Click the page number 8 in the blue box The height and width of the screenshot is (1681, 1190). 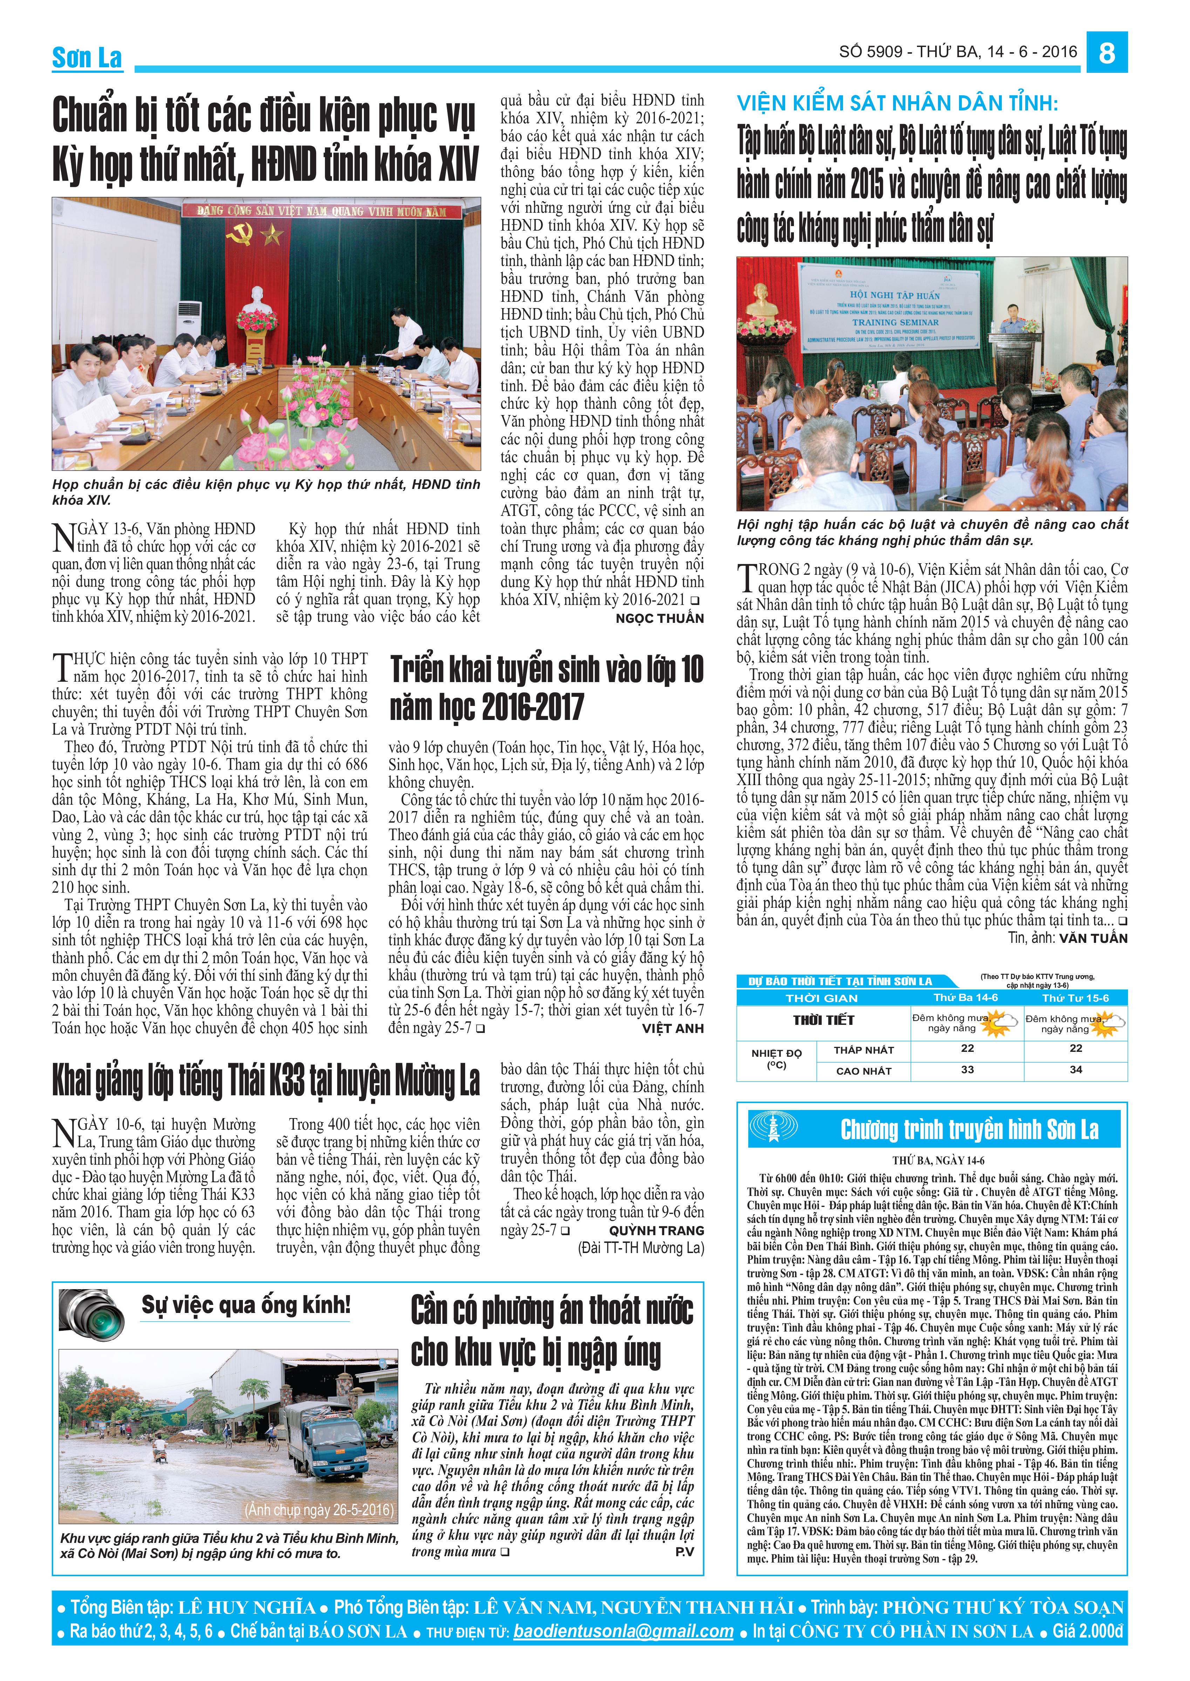pos(1107,53)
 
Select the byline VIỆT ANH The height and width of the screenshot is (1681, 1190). pos(673,1028)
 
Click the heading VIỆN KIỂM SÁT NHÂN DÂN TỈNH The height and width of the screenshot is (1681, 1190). pos(897,103)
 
